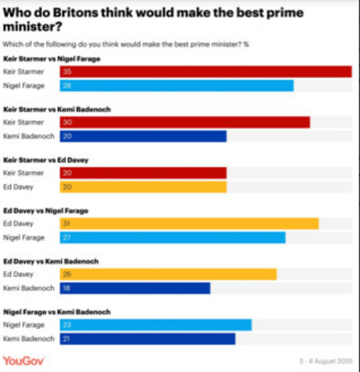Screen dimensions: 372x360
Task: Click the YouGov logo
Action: pos(24,361)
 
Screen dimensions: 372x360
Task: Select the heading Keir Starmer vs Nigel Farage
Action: pos(52,59)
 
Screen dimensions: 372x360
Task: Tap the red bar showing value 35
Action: pos(205,72)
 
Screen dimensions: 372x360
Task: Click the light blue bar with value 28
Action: pos(176,86)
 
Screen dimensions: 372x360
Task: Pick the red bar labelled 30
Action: pos(184,123)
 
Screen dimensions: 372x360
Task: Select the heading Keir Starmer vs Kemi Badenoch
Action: pos(58,110)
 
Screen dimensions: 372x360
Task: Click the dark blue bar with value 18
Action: pos(135,288)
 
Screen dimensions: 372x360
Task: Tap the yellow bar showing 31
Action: pos(189,224)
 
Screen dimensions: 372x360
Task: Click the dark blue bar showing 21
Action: pos(147,339)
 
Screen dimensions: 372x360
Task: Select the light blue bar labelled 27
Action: pos(172,237)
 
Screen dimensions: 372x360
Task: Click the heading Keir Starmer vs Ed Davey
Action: pos(46,160)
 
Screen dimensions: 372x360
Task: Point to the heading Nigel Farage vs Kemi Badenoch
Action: pos(57,312)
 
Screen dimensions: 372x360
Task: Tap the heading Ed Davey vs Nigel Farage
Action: pos(46,211)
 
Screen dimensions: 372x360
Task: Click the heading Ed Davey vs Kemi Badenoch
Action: pos(51,262)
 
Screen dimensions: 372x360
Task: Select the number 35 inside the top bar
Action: pos(67,72)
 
